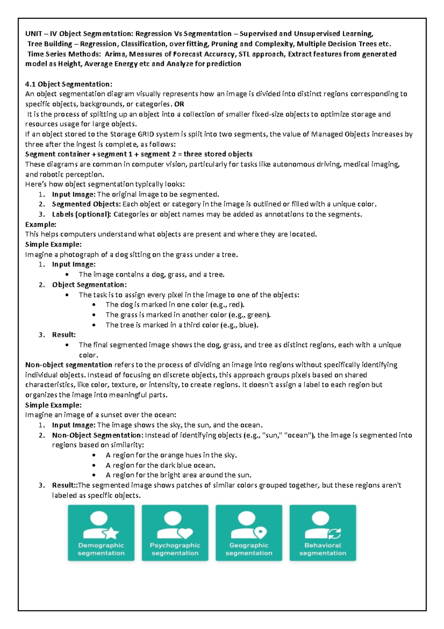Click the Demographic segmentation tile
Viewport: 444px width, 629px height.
101,533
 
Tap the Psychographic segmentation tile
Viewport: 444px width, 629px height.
175,533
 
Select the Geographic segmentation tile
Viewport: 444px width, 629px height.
249,533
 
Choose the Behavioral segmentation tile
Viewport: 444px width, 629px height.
323,533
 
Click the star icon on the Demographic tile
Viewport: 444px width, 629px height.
111,533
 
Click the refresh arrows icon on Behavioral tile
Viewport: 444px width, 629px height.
334,533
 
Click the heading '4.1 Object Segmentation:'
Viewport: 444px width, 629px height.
68,84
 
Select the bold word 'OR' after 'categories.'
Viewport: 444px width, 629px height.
179,104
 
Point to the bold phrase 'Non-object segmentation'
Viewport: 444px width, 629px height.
68,365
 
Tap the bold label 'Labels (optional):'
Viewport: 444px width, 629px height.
81,214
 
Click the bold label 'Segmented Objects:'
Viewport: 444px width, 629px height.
86,204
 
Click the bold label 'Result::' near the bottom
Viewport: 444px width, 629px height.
65,485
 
